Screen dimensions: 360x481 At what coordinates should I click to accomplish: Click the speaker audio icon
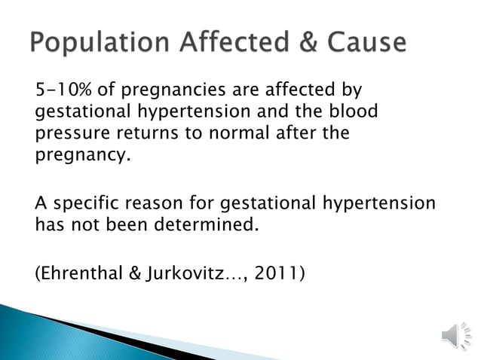point(453,333)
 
